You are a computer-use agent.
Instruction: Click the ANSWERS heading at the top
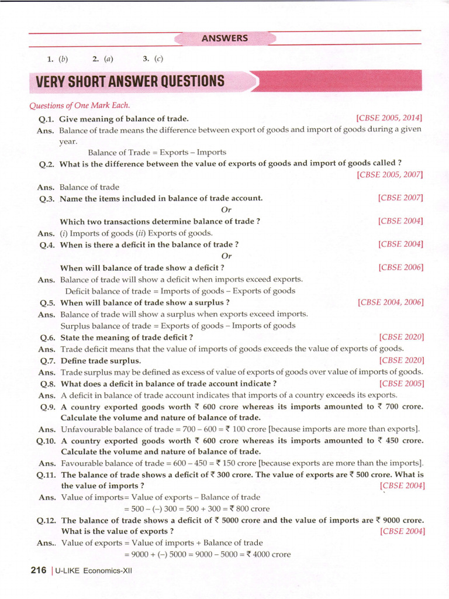(224, 39)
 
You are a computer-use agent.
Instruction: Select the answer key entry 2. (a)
(102, 58)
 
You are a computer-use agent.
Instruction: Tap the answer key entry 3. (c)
(153, 58)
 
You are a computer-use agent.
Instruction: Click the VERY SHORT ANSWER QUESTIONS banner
(127, 81)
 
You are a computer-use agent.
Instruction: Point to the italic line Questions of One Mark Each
(80, 105)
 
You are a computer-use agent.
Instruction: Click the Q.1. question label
(46, 118)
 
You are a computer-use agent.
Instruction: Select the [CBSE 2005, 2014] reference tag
(389, 118)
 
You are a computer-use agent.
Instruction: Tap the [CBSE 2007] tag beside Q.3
(400, 198)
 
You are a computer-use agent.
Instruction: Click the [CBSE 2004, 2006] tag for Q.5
(390, 302)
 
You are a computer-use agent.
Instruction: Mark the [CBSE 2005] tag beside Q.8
(402, 384)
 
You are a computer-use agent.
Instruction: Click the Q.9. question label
(47, 407)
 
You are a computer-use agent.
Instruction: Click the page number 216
(38, 570)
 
